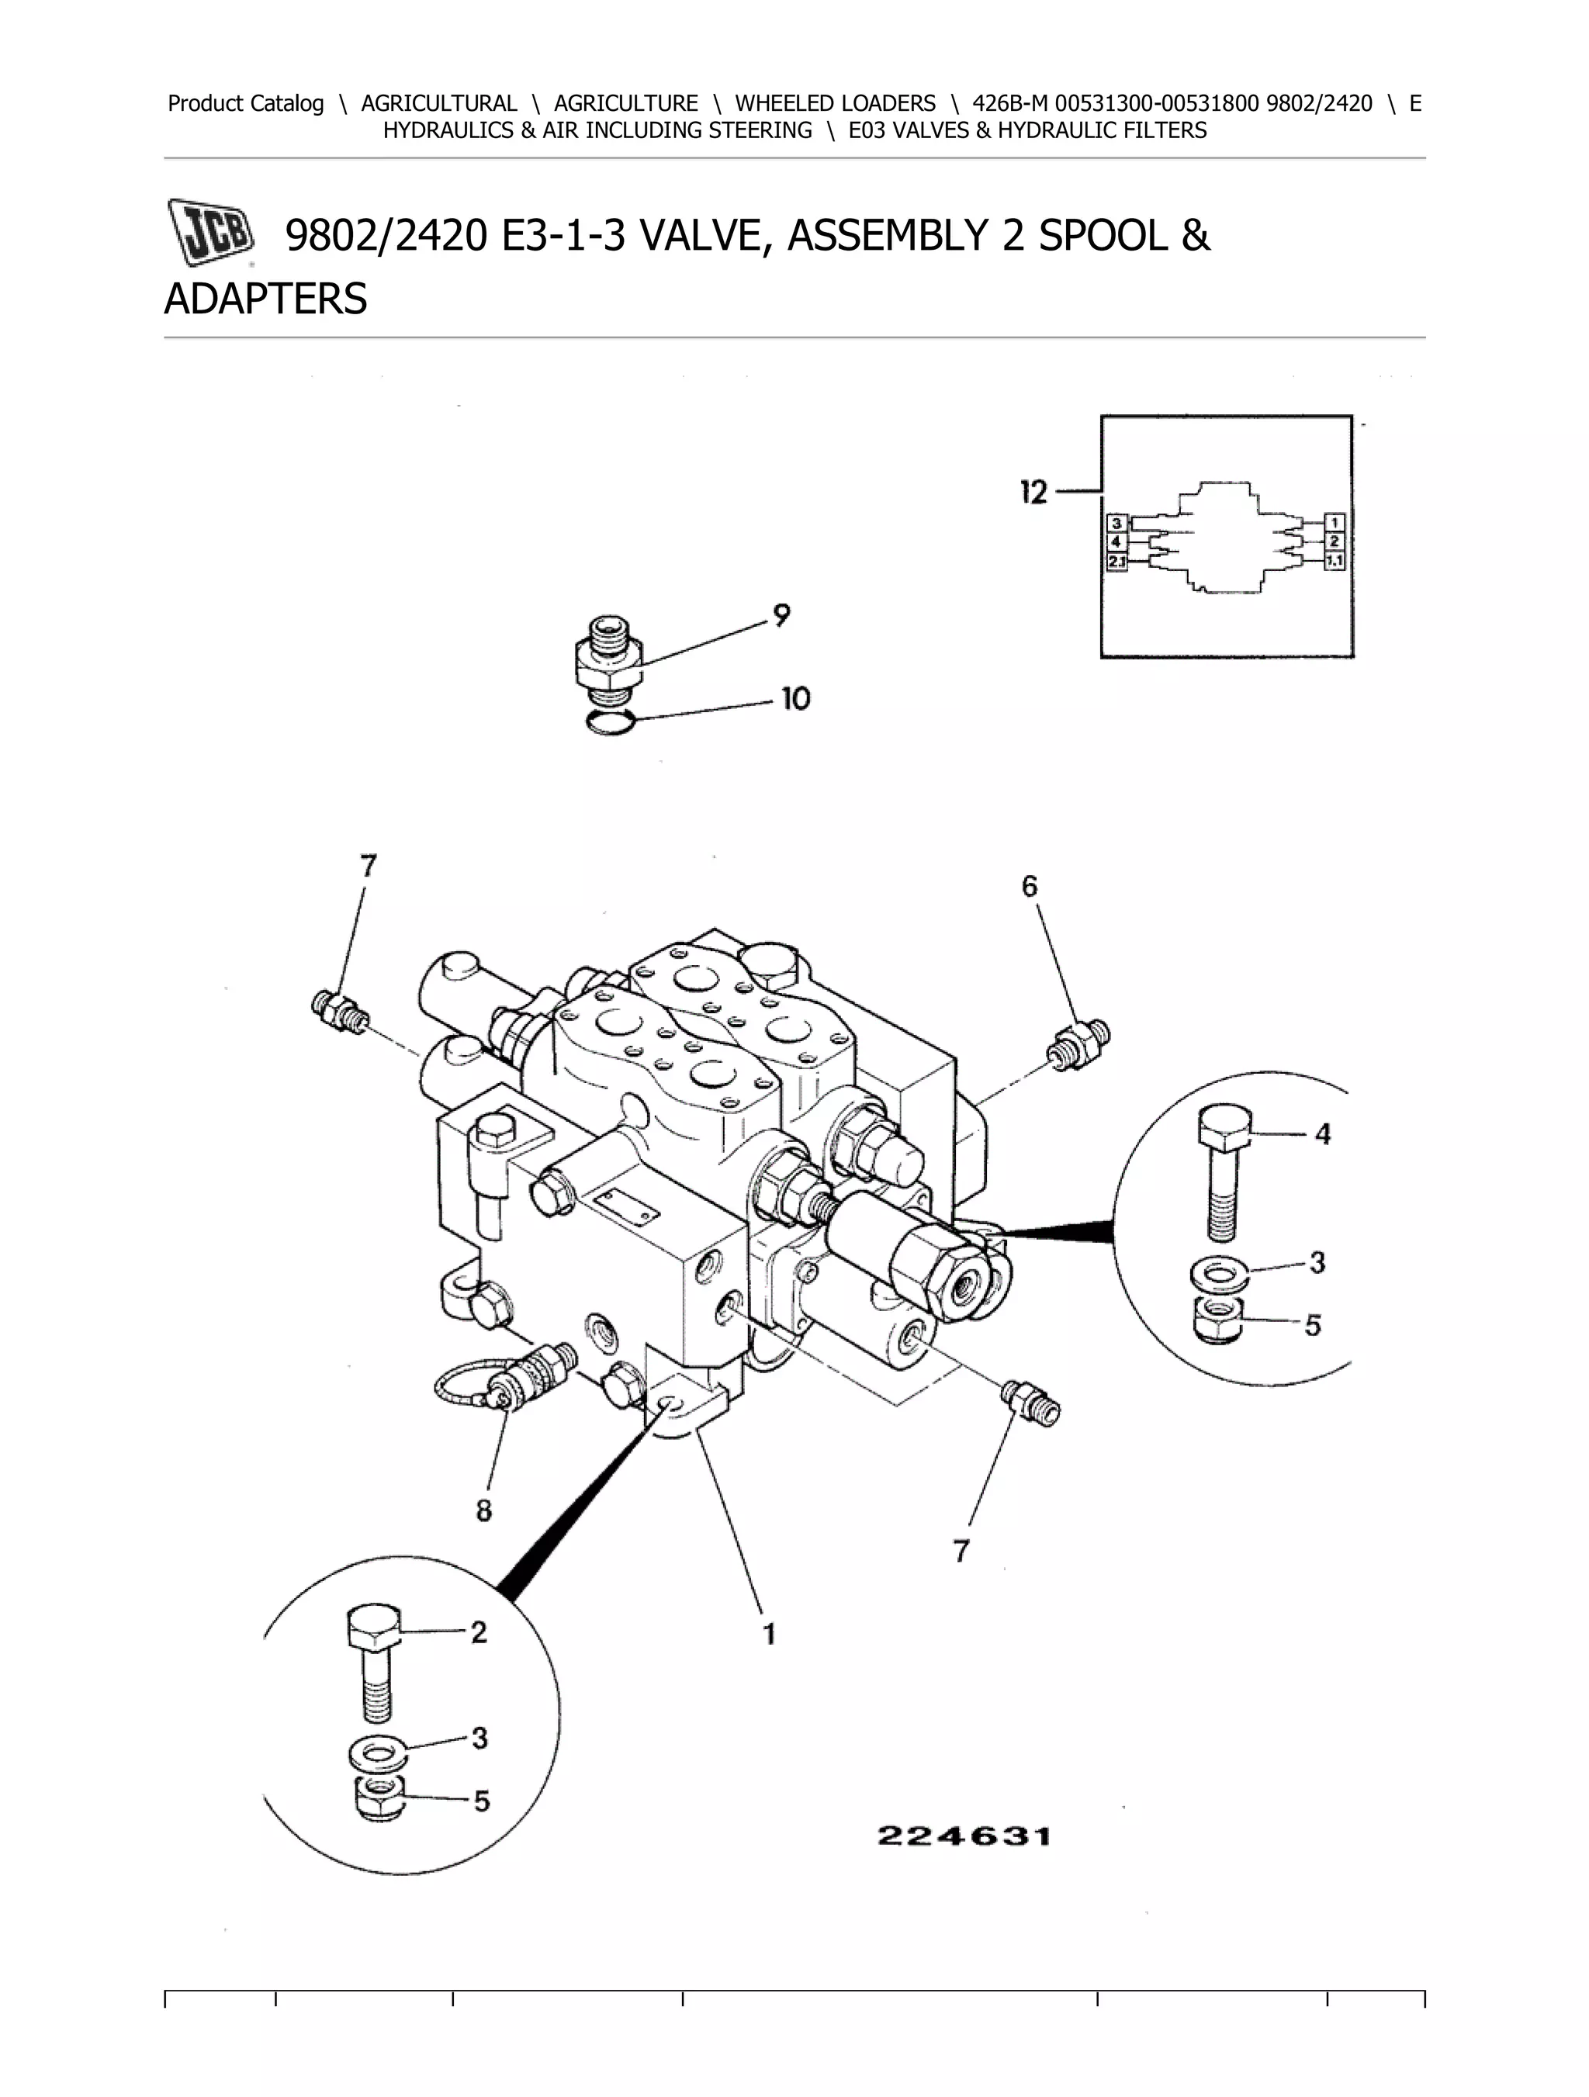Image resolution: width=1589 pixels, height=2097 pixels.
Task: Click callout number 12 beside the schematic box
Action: coord(1033,493)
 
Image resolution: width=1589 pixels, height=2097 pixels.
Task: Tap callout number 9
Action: coord(781,616)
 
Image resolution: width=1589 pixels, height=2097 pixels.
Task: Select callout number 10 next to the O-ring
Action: coord(794,700)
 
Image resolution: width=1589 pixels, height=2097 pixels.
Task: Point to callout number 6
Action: coord(1030,887)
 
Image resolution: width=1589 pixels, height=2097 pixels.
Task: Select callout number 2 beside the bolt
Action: coord(479,1632)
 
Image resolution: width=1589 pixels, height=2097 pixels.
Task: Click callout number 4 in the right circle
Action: coord(1323,1133)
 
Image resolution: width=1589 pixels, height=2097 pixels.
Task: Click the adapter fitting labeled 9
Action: coord(608,657)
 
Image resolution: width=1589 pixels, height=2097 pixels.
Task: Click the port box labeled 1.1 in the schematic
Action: coord(1335,561)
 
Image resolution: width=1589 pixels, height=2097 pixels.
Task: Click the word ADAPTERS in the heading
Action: coord(265,299)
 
